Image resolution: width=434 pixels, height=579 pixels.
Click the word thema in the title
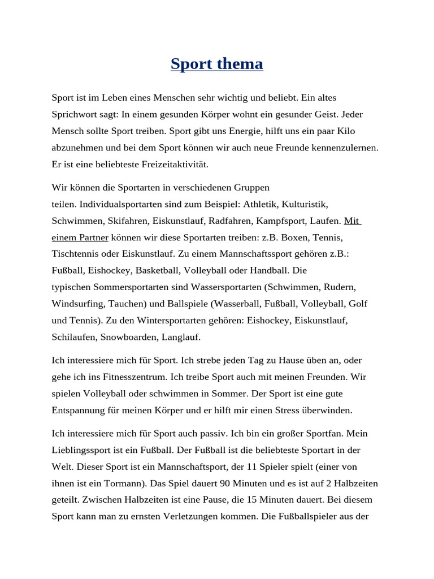[x=239, y=64]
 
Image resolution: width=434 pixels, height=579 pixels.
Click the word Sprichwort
[x=76, y=115]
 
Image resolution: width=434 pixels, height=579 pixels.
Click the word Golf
[x=358, y=304]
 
